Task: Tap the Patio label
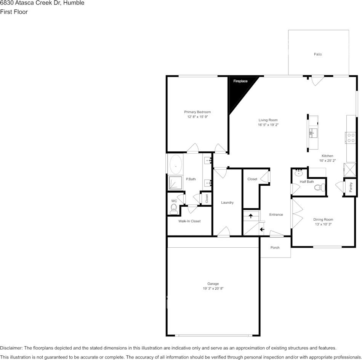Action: click(318, 54)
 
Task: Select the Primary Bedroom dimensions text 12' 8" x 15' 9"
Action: click(197, 117)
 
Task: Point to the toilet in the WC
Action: click(174, 208)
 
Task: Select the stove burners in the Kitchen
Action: click(351, 137)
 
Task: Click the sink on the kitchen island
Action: click(313, 132)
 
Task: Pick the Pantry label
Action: click(351, 187)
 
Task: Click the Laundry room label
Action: click(227, 202)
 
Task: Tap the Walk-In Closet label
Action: click(189, 221)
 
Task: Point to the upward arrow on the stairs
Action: click(251, 216)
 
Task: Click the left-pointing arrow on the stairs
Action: click(262, 229)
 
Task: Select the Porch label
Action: click(275, 248)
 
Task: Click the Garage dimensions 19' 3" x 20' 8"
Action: click(213, 289)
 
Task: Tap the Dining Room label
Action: click(323, 220)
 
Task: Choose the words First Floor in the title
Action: click(14, 12)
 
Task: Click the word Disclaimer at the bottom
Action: click(11, 348)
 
